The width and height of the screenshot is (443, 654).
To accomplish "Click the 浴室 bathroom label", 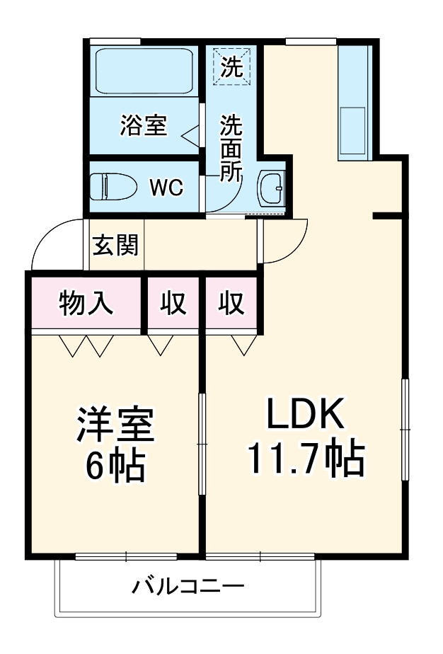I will (143, 126).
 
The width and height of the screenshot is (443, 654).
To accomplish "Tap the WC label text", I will (166, 188).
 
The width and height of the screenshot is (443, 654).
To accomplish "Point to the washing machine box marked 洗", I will (231, 65).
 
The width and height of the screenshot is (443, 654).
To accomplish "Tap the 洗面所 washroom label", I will (231, 149).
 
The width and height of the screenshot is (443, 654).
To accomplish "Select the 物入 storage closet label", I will (86, 304).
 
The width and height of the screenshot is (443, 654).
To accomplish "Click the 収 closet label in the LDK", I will (231, 304).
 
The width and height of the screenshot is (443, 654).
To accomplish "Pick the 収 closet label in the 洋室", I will (173, 304).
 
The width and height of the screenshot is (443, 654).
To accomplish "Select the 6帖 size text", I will (115, 466).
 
